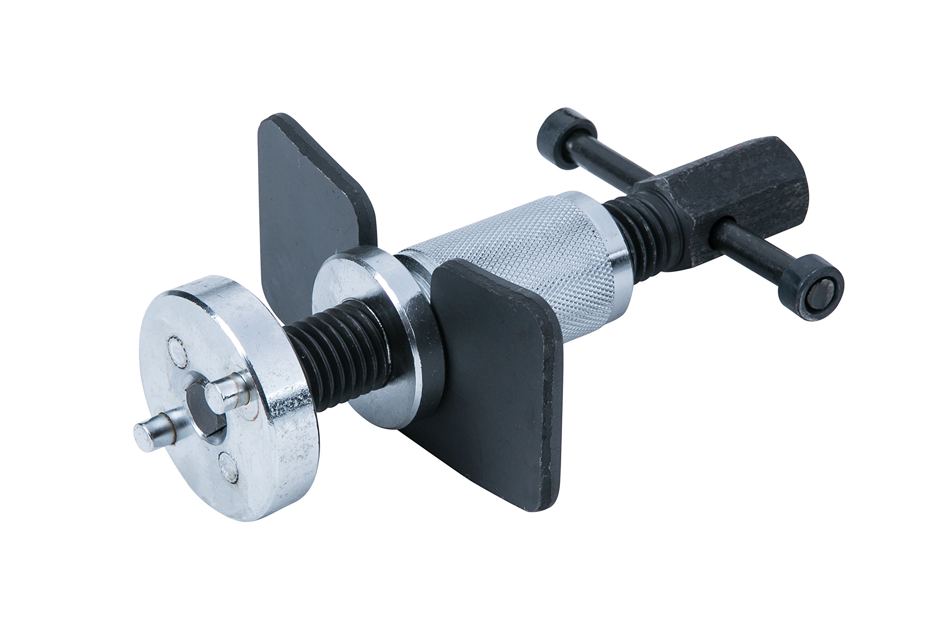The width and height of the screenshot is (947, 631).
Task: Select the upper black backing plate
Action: coord(310,209)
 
